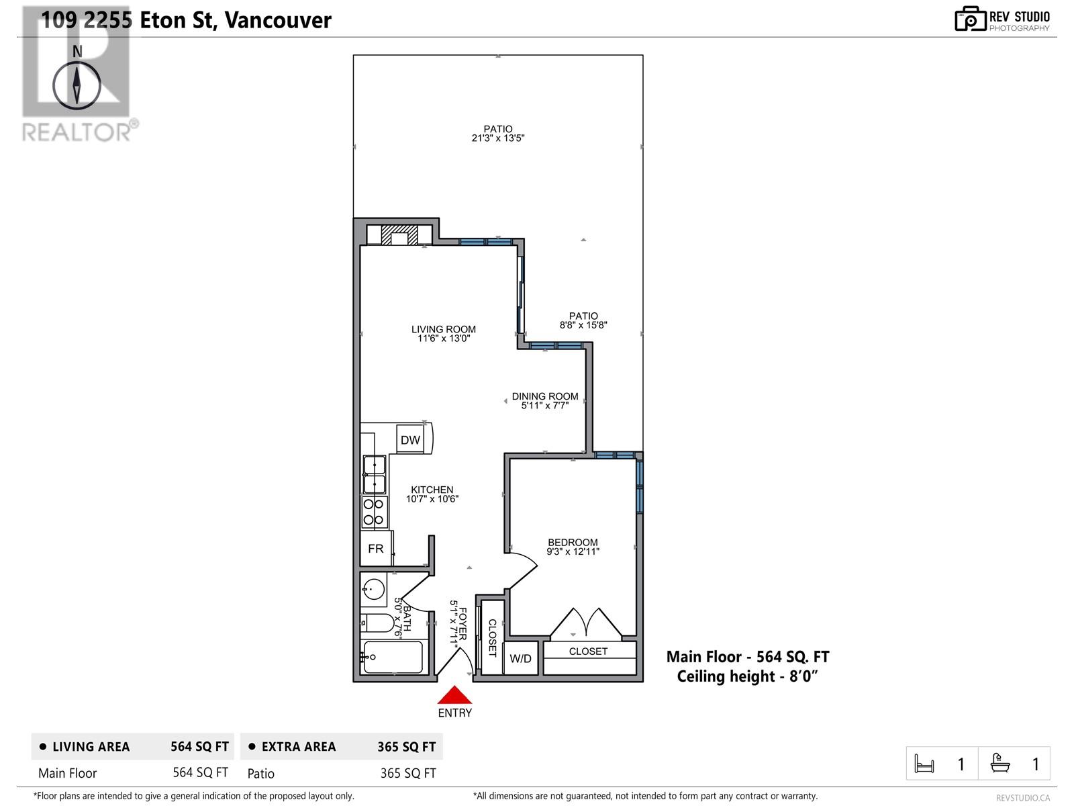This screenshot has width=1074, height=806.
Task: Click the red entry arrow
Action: (x=455, y=695)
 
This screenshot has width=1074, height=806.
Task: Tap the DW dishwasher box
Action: (x=410, y=440)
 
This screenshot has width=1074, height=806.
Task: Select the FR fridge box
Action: (x=376, y=549)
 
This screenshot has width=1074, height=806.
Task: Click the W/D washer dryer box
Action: (x=520, y=658)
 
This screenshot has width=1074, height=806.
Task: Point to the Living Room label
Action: (x=444, y=329)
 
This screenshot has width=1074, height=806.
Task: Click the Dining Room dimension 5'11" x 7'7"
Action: (x=544, y=406)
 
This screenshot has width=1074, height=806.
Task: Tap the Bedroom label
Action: (x=573, y=543)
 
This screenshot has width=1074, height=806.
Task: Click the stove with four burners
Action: (x=375, y=512)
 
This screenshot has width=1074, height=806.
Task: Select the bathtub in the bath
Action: (x=393, y=657)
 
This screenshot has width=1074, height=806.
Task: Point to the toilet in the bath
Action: (x=377, y=623)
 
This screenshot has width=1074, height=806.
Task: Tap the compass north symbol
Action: (x=77, y=85)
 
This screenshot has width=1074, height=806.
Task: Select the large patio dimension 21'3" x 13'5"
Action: (x=497, y=138)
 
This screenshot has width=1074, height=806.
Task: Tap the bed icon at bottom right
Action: (x=924, y=764)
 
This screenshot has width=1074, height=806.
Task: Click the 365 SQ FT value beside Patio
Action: (x=407, y=773)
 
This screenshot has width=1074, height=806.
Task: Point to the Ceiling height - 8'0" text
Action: (x=747, y=676)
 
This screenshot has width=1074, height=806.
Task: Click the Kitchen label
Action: (x=432, y=490)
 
